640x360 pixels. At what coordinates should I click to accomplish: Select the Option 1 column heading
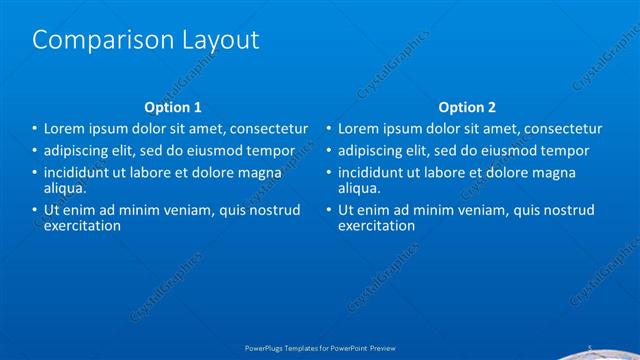[x=173, y=107]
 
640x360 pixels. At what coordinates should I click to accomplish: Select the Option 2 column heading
[x=467, y=107]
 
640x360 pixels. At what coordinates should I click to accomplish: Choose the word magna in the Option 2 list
[x=582, y=173]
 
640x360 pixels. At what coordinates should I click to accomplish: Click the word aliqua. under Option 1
[x=65, y=187]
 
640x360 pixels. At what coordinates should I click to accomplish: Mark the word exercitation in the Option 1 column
[x=82, y=225]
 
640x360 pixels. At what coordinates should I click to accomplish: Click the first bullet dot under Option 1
[x=34, y=129]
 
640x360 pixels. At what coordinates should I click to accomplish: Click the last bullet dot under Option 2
[x=328, y=210]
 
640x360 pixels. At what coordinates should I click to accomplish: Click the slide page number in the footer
[x=590, y=349]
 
